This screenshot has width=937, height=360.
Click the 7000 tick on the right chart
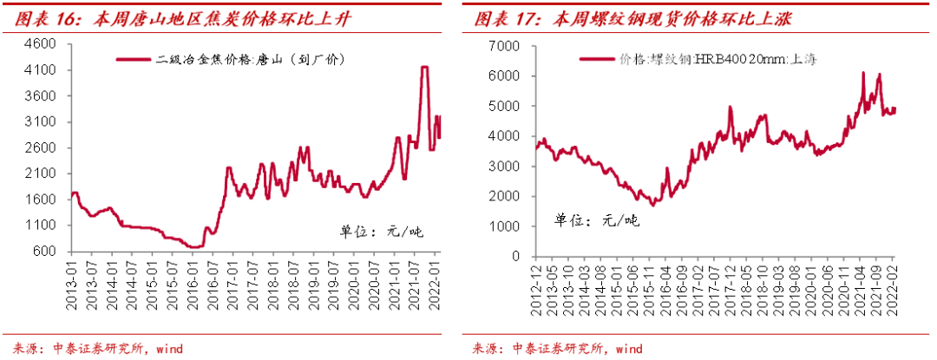(504, 46)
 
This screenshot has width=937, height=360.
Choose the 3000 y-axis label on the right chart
(504, 167)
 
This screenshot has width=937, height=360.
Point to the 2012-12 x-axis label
(535, 282)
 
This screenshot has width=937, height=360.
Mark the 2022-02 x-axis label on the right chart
(894, 282)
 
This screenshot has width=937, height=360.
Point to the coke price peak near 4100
(424, 68)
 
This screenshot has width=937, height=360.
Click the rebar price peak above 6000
(863, 74)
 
